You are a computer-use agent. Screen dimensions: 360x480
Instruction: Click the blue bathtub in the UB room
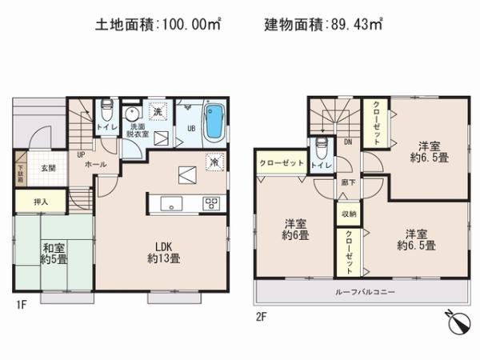pos(214,122)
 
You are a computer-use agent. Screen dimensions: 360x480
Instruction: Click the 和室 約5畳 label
pos(54,254)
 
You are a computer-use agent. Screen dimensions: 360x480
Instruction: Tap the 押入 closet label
pos(30,202)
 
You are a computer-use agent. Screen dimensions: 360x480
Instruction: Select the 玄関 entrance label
pos(47,168)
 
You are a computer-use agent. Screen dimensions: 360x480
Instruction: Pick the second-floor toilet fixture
pos(322,149)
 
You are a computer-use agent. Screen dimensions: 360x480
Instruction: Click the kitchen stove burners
pos(211,203)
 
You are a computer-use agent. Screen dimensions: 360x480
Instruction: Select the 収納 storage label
pos(348,214)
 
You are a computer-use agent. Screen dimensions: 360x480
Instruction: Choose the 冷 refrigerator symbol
pos(213,161)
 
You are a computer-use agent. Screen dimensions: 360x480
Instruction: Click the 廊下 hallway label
pos(347,182)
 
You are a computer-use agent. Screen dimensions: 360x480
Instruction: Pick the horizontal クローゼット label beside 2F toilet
pos(281,162)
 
